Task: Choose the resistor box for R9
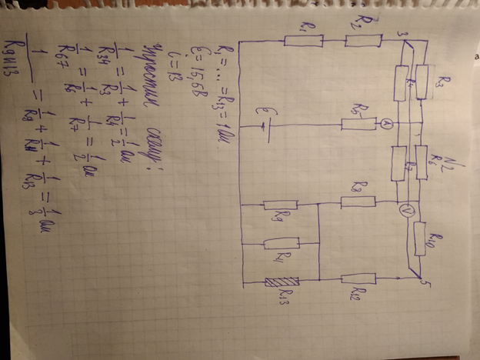[x=281, y=205]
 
